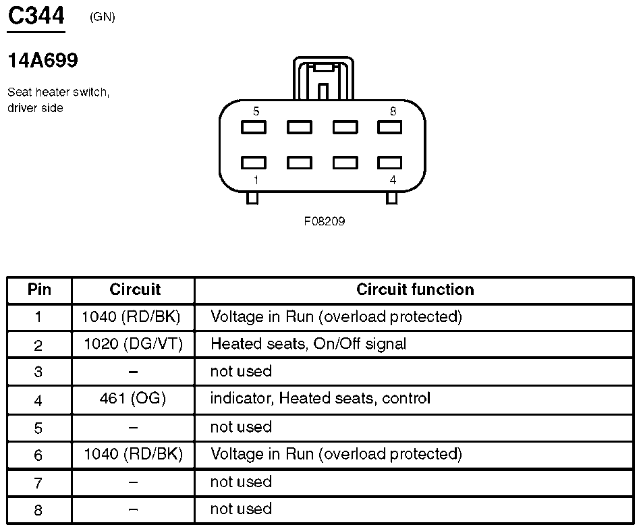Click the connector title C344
pyautogui.click(x=36, y=16)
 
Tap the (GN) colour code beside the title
pyautogui.click(x=102, y=17)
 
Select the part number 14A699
pyautogui.click(x=43, y=61)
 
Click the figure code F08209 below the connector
pyautogui.click(x=324, y=221)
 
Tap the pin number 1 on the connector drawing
pyautogui.click(x=256, y=179)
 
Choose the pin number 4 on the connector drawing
pyautogui.click(x=393, y=179)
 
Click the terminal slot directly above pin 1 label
pyautogui.click(x=253, y=163)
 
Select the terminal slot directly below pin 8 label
pyautogui.click(x=389, y=127)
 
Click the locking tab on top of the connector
pyautogui.click(x=323, y=80)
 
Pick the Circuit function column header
pyautogui.click(x=414, y=289)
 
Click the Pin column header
pyautogui.click(x=39, y=289)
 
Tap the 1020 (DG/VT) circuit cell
pyautogui.click(x=133, y=344)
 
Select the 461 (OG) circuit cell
pyautogui.click(x=133, y=399)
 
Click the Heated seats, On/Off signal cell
pyautogui.click(x=308, y=344)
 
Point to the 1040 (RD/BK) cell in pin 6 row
pyautogui.click(x=133, y=454)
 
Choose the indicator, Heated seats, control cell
pyautogui.click(x=320, y=399)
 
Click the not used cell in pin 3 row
pyautogui.click(x=241, y=371)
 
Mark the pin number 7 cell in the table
pyautogui.click(x=38, y=482)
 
